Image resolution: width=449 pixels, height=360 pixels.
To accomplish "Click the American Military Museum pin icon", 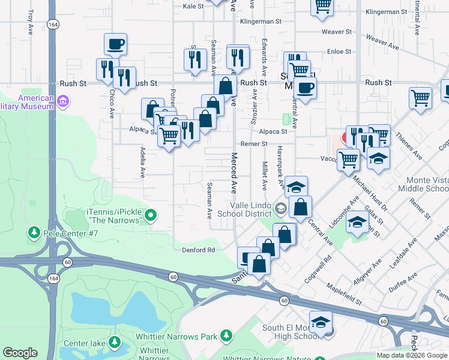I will pos(62,106).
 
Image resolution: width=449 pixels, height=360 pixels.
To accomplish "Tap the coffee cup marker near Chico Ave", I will pos(115,44).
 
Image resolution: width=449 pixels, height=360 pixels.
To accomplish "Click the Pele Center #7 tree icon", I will pos(34,232).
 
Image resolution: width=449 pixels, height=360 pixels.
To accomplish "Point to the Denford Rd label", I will pos(194,250).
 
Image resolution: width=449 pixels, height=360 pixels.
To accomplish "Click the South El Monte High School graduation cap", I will pos(321,323).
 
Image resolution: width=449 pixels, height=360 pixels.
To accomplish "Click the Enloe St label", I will pos(339,52).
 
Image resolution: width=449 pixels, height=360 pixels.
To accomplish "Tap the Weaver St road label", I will pos(336,31).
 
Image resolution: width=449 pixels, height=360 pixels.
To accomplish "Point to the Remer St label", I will pos(254,144).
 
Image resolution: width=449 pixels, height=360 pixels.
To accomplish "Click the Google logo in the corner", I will pos(20,353).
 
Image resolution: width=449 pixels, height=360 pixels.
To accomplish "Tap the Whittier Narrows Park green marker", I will pos(226,335).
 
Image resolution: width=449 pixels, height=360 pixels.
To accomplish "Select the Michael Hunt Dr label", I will pos(370,193).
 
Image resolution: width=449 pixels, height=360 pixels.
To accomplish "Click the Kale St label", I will pos(194,6).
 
